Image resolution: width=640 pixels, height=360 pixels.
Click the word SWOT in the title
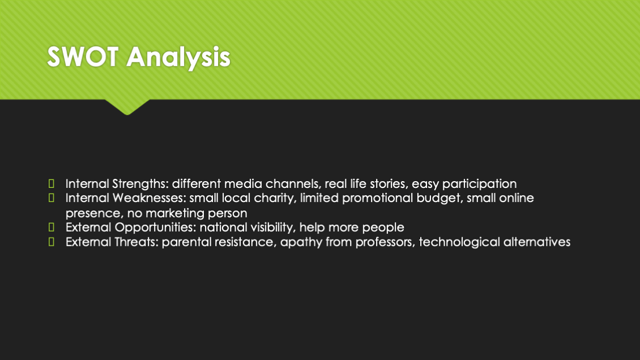click(x=83, y=56)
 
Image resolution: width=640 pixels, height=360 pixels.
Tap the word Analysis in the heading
click(x=178, y=58)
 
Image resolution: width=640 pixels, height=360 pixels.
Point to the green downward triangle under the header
click(x=127, y=107)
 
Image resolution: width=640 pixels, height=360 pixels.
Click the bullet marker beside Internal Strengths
click(x=52, y=183)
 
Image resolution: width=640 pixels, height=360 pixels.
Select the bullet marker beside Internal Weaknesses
click(x=52, y=198)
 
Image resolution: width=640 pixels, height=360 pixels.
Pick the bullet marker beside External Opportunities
click(x=52, y=227)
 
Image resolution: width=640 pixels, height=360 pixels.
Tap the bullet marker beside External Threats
click(x=52, y=242)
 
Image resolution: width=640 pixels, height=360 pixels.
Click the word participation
click(x=480, y=185)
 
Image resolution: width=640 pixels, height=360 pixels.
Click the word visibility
click(x=273, y=228)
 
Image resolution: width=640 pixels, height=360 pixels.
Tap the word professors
click(x=385, y=242)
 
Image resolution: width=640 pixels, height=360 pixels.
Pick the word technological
click(x=459, y=242)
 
